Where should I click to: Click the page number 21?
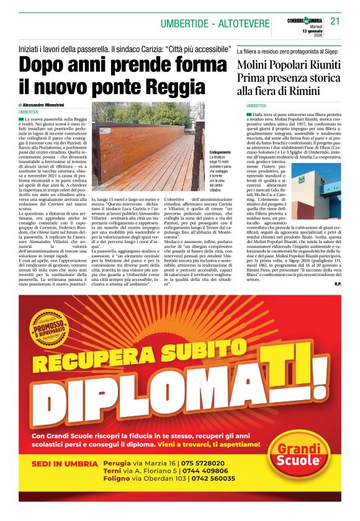click(x=335, y=21)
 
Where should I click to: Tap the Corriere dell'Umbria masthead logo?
click(x=304, y=20)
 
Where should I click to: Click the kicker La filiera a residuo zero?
click(x=273, y=52)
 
